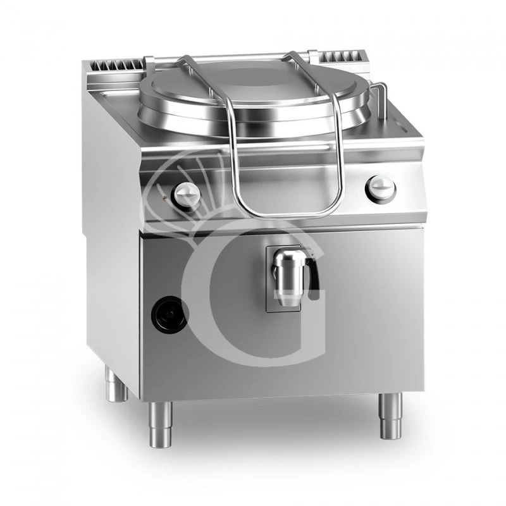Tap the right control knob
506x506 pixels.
[382, 187]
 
